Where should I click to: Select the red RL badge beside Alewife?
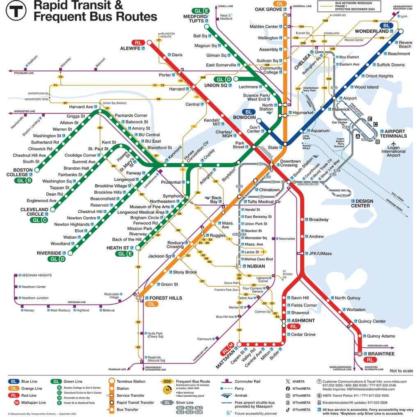point(137,42)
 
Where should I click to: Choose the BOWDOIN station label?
point(244,118)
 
